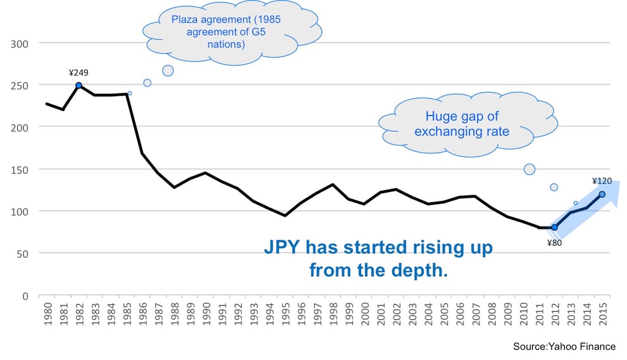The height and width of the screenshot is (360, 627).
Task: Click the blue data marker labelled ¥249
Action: tap(79, 85)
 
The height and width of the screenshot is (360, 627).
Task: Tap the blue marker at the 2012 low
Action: tap(554, 227)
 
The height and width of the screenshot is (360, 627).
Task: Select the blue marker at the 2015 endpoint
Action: tap(602, 194)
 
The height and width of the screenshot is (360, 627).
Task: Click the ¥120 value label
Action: tap(602, 181)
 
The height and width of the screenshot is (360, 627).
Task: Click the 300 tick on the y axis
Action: tap(20, 43)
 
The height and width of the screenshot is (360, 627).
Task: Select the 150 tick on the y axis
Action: tap(20, 169)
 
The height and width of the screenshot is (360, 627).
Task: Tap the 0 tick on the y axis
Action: tap(25, 295)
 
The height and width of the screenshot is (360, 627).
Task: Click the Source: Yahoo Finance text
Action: tap(564, 347)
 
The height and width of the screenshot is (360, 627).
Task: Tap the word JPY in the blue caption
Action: tap(283, 248)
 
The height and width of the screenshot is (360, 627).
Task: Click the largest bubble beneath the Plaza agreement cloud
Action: tap(168, 71)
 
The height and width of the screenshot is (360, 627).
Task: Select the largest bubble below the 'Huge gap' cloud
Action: tap(529, 169)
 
